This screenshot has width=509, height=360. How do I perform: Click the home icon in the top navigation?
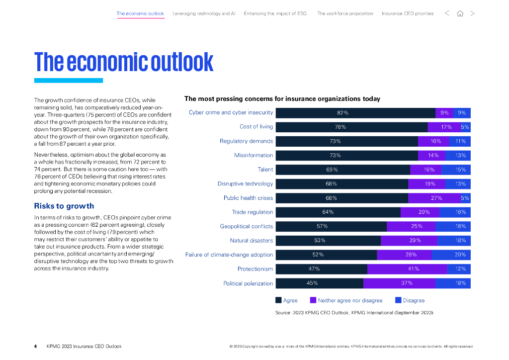pyautogui.click(x=460, y=13)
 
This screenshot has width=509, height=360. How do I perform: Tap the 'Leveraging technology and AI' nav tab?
pyautogui.click(x=204, y=13)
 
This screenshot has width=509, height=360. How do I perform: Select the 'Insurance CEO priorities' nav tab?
pyautogui.click(x=408, y=13)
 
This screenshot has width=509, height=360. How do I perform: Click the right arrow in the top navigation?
pyautogui.click(x=472, y=13)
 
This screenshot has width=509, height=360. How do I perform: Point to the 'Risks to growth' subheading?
pyautogui.click(x=64, y=206)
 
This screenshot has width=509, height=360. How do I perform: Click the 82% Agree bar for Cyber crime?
pyautogui.click(x=355, y=113)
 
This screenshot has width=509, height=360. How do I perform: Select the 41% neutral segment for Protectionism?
pyautogui.click(x=407, y=269)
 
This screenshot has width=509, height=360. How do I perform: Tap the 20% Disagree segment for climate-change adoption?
pyautogui.click(x=451, y=255)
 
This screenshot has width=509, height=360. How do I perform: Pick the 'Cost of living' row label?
pyautogui.click(x=256, y=127)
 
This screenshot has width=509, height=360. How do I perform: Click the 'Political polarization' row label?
pyautogui.click(x=248, y=283)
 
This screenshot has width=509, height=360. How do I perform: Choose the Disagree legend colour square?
pyautogui.click(x=398, y=300)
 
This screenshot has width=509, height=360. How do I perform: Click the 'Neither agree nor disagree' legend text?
pyautogui.click(x=350, y=300)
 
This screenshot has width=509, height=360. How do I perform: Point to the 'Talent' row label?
pyautogui.click(x=265, y=170)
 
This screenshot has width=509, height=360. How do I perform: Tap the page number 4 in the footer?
pyautogui.click(x=35, y=346)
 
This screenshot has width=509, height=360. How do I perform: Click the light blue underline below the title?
pyautogui.click(x=69, y=81)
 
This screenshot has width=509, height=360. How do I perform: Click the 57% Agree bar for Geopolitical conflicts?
pyautogui.click(x=331, y=226)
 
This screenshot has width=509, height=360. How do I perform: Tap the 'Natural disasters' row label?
pyautogui.click(x=251, y=241)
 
